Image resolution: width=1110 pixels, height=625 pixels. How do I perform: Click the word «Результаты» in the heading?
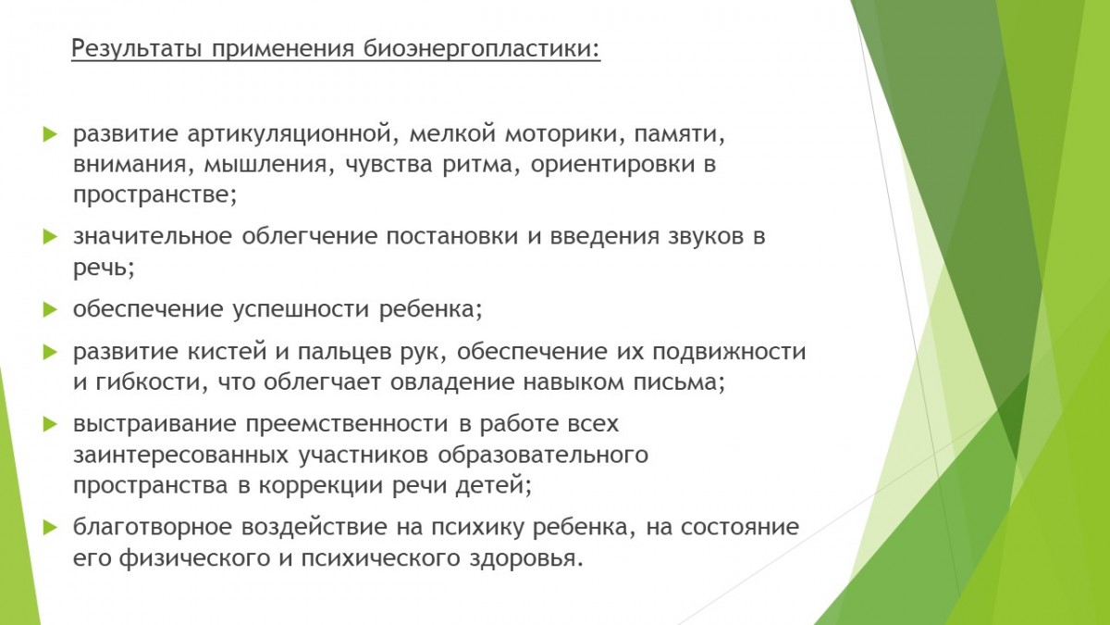point(136,49)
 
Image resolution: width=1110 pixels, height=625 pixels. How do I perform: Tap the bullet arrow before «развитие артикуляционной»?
point(51,134)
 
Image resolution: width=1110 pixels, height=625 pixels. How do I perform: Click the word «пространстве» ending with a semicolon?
point(154,195)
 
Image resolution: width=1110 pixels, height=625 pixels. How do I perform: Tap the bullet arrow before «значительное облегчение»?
point(51,237)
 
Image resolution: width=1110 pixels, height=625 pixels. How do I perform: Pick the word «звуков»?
point(706,237)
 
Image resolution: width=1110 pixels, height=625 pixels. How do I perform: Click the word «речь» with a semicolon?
point(104,269)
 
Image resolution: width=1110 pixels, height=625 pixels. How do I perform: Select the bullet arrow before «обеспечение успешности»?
point(51,309)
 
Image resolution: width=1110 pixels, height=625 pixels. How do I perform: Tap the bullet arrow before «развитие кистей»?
point(51,352)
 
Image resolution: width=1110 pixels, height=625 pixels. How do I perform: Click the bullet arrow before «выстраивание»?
point(51,424)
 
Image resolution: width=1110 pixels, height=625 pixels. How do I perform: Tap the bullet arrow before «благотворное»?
point(51,527)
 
